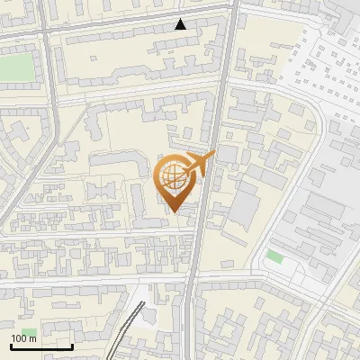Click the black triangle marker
(x=181, y=24)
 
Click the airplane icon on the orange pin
(x=200, y=165)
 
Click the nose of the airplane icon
(x=214, y=155)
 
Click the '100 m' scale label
(x=23, y=338)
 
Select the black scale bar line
(x=41, y=346)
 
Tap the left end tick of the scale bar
(x=11, y=345)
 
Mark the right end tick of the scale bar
(x=72, y=345)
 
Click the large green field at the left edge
(x=14, y=67)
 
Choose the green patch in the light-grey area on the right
(x=274, y=257)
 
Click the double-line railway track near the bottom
(x=129, y=328)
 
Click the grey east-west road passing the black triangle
(x=135, y=24)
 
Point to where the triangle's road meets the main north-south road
(x=231, y=9)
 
